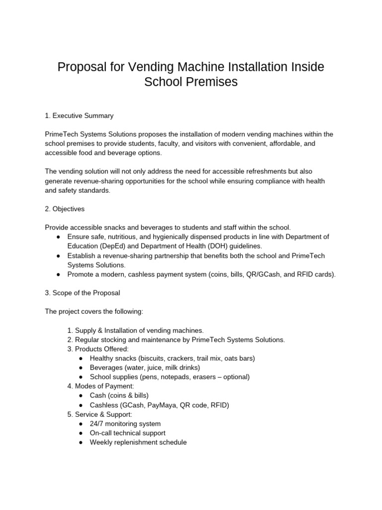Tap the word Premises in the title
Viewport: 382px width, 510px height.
click(x=211, y=82)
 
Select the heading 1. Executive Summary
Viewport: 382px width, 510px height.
click(x=79, y=116)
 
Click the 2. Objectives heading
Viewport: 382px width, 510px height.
click(x=65, y=209)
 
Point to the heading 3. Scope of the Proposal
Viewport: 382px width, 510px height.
click(x=82, y=293)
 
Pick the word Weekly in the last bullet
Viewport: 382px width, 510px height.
click(x=101, y=442)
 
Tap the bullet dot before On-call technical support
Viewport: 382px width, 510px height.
click(x=81, y=433)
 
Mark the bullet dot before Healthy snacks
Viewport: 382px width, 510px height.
click(x=81, y=359)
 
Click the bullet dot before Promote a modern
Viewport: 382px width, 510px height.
click(x=59, y=274)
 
